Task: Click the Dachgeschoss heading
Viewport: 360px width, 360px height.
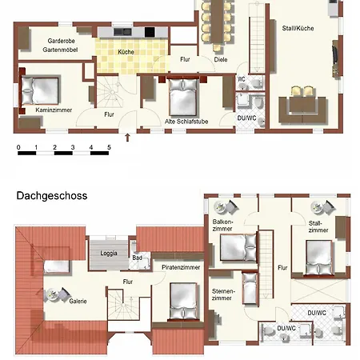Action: click(x=52, y=196)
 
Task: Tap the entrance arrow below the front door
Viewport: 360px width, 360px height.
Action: click(x=127, y=137)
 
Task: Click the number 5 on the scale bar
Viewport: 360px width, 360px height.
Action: click(x=109, y=147)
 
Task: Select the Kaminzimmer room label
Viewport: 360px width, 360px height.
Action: click(x=54, y=110)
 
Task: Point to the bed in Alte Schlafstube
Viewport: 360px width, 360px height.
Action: click(x=183, y=97)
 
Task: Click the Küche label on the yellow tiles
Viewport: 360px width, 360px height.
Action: click(x=126, y=52)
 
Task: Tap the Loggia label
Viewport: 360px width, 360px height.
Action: click(x=109, y=253)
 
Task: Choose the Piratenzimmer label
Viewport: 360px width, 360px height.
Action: click(x=181, y=267)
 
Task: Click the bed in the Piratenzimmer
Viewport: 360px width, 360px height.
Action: click(x=183, y=302)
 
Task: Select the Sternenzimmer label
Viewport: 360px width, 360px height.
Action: click(x=223, y=294)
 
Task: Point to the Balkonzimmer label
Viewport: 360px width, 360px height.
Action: click(x=222, y=225)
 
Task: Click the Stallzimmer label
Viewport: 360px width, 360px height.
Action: click(x=318, y=226)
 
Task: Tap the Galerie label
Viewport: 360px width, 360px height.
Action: click(x=78, y=301)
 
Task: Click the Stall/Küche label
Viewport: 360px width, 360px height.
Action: click(x=298, y=28)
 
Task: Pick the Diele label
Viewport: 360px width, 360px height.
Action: click(x=221, y=59)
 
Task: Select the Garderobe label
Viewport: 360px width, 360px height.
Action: click(x=61, y=41)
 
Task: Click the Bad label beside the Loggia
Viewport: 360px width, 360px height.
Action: click(x=137, y=258)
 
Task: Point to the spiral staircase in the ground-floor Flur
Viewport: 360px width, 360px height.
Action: click(x=112, y=92)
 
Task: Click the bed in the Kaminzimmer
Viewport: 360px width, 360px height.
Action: click(x=39, y=90)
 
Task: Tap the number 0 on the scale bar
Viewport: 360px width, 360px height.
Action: click(x=18, y=147)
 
